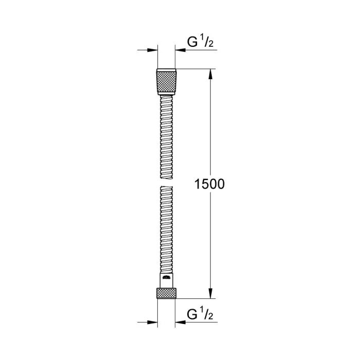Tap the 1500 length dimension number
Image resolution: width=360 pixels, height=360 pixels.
pos(209,184)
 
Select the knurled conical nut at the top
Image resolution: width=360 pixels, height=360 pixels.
pos(166,79)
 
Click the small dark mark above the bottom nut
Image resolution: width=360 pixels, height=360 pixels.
pos(166,278)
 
